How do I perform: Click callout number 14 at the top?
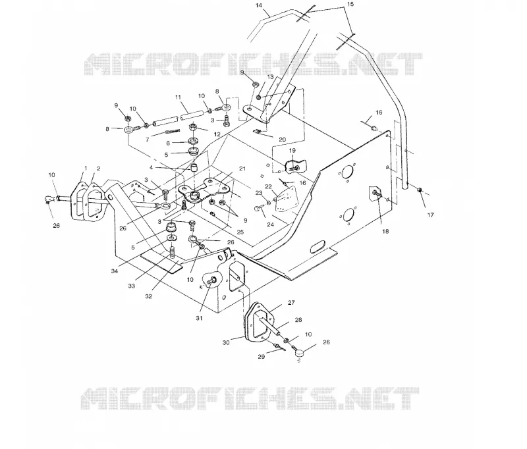(x=258, y=5)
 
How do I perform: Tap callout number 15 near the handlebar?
(x=350, y=4)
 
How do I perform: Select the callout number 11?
(x=178, y=97)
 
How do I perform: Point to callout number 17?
(x=431, y=215)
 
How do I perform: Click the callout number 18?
(x=385, y=231)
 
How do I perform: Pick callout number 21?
(x=242, y=169)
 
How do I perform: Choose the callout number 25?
(x=240, y=232)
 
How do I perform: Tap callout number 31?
(x=200, y=318)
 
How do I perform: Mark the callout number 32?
(x=149, y=296)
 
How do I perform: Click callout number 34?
(x=115, y=271)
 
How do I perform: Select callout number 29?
(x=261, y=357)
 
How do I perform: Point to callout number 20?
(x=283, y=140)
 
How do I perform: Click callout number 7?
(x=147, y=140)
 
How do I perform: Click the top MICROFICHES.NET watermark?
(x=253, y=64)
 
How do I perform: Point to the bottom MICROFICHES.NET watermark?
(x=250, y=398)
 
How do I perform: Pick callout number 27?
(x=291, y=303)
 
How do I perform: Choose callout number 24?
(x=271, y=224)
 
